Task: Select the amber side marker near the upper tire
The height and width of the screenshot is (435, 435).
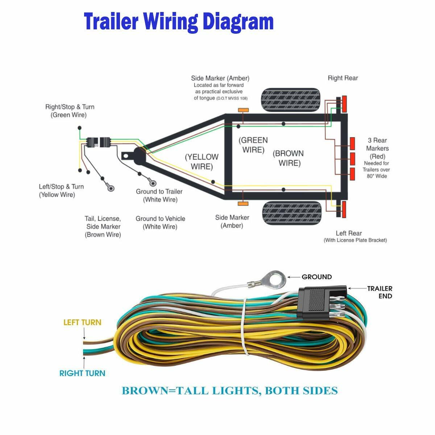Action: click(x=243, y=110)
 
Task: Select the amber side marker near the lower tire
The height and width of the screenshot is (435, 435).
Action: click(x=243, y=204)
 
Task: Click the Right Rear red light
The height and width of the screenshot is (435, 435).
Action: click(x=344, y=104)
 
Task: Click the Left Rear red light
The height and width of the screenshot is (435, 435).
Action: click(x=344, y=210)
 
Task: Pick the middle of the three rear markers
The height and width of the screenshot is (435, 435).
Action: click(x=352, y=159)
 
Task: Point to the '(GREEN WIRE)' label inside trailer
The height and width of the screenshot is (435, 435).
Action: click(x=253, y=145)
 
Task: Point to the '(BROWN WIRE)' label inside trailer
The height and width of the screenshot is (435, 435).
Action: click(x=289, y=158)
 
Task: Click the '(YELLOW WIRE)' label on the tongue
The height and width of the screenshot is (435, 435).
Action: click(x=202, y=162)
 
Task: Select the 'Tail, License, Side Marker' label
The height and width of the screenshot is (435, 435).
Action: click(x=103, y=227)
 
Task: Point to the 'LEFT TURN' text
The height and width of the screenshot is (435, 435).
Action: click(x=82, y=322)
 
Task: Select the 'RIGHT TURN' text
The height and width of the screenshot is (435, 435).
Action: click(x=82, y=373)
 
